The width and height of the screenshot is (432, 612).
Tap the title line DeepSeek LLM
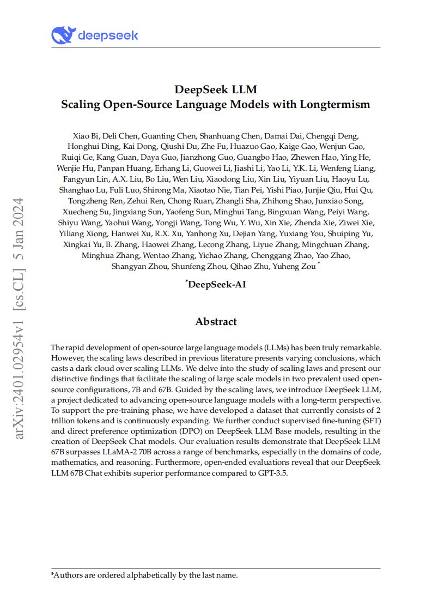216,89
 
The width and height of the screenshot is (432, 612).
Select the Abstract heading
216,322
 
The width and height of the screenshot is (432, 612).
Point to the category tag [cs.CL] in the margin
20,291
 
